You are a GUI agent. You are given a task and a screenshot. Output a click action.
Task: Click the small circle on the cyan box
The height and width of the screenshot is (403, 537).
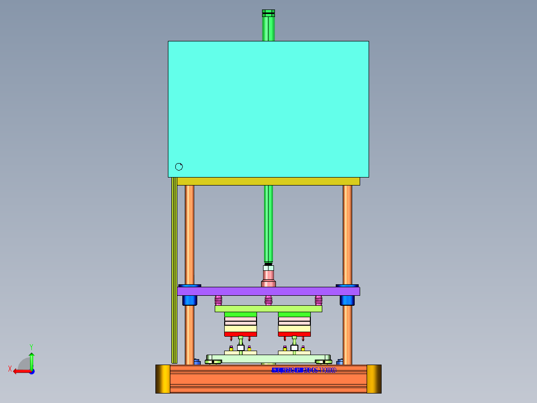[179, 167]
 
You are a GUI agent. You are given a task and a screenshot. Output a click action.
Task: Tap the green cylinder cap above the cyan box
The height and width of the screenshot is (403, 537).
[268, 13]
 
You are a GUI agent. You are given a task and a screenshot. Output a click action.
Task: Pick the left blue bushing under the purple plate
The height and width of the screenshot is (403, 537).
[190, 300]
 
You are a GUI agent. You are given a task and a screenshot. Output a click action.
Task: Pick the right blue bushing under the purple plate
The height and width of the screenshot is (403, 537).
[347, 300]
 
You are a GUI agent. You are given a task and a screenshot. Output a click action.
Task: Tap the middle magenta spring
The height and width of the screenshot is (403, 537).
[268, 300]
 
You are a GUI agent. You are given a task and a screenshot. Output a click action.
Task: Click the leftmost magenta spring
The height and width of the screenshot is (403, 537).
[218, 300]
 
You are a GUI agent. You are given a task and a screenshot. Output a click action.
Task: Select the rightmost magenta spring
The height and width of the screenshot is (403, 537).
[318, 300]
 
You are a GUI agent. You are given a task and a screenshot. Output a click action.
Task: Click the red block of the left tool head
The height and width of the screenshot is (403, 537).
[241, 334]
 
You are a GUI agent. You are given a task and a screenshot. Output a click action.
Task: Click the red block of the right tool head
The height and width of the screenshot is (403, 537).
[294, 334]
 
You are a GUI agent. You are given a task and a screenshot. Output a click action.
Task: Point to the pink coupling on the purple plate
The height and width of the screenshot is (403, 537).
[268, 275]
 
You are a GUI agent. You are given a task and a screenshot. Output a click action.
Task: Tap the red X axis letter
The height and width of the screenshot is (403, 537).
[10, 369]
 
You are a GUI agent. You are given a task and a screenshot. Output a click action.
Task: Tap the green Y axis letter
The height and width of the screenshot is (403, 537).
[31, 346]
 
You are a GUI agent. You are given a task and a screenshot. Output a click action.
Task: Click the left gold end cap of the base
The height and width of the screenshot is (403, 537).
[163, 379]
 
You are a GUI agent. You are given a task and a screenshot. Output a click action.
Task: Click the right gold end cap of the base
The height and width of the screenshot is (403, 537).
[374, 379]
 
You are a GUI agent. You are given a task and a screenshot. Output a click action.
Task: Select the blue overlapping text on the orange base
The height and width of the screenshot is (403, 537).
[303, 370]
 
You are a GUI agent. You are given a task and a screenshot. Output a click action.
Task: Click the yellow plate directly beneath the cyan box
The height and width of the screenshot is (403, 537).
[268, 181]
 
